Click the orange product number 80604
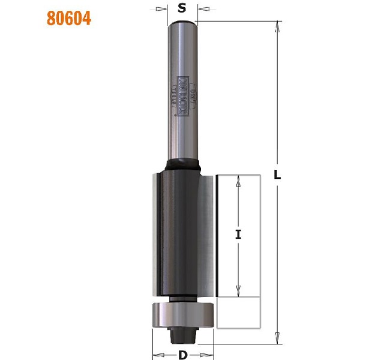pos(69,18)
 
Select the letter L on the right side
pos(277,175)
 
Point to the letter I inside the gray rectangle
pos(238,235)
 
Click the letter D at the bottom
pos(183,355)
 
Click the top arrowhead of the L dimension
pos(278,25)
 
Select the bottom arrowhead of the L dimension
pos(278,340)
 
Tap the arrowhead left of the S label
pos(163,9)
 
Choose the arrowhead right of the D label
pos(209,354)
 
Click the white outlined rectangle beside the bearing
pos(238,313)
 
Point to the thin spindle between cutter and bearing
pos(183,298)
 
